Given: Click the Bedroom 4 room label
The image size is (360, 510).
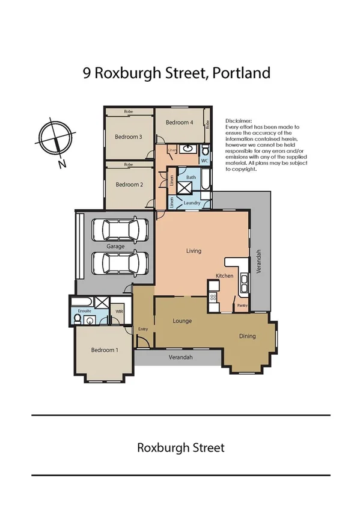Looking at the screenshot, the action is click(179, 123).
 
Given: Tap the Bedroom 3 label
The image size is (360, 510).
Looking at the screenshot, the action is click(129, 137).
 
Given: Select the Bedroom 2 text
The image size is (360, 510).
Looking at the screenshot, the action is click(129, 185).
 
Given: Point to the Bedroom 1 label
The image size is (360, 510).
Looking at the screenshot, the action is click(105, 350).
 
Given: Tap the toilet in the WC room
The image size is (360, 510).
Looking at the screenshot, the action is click(205, 150).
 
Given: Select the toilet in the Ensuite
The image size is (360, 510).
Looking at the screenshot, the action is click(78, 319).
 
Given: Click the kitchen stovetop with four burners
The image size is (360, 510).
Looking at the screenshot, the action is click(213, 296).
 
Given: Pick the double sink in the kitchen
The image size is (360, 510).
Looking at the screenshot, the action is click(244, 284).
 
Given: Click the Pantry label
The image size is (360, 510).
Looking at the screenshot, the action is click(242, 306).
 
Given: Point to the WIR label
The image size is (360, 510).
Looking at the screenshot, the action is click(119, 312).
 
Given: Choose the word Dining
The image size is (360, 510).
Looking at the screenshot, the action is click(247, 336).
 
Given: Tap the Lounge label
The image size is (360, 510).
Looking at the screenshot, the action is click(182, 321).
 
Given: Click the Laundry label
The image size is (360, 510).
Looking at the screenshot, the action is click(192, 203).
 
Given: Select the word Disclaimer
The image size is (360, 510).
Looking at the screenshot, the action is click(239, 121).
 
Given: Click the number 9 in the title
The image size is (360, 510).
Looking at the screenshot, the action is click(87, 73).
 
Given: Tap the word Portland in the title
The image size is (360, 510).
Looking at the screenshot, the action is click(242, 73).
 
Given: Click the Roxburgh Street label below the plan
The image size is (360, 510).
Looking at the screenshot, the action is click(181, 447).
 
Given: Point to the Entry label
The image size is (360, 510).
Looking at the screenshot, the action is click(143, 329).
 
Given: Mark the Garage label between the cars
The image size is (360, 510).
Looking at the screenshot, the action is click(115, 247).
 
